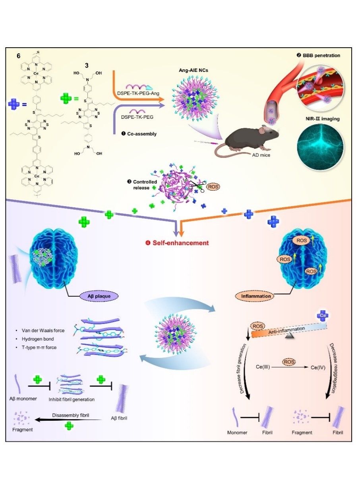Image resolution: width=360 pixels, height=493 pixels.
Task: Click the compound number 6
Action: point(19,56)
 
